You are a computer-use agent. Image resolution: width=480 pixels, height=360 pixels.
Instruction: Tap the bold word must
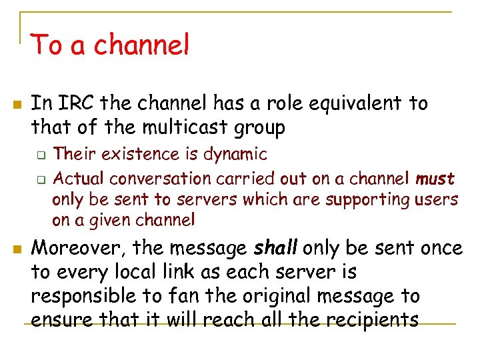tap(435, 179)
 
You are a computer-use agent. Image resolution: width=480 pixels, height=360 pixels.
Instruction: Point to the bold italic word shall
tap(276, 249)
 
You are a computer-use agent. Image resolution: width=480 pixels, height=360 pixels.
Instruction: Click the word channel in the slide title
tap(141, 45)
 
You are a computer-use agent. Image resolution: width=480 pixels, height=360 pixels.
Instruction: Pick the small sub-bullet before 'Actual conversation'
tap(40, 180)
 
